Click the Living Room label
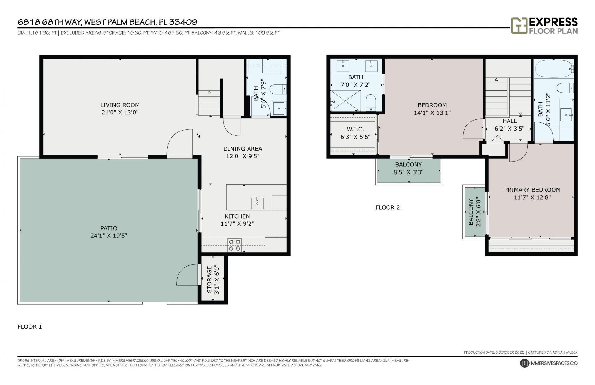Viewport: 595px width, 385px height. pos(120,105)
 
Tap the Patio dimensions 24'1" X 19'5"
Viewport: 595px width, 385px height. pos(109,236)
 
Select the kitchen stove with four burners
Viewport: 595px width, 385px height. pos(235,245)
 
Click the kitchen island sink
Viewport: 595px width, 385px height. pos(257,203)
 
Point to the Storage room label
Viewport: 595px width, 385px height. pos(209,280)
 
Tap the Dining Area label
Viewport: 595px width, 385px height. pos(243,149)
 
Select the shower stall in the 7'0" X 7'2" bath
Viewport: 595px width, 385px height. pos(345,100)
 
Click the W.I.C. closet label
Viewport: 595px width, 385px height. pos(355,129)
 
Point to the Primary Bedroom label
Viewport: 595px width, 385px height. pos(532,190)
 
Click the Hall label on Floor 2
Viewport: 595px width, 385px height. pos(509,121)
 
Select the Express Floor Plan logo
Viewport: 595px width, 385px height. pos(544,26)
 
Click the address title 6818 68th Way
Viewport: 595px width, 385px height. pos(107,22)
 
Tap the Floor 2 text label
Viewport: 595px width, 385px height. pos(387,207)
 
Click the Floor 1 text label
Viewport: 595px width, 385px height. pos(30,326)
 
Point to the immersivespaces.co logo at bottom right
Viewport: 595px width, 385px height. pos(549,363)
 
